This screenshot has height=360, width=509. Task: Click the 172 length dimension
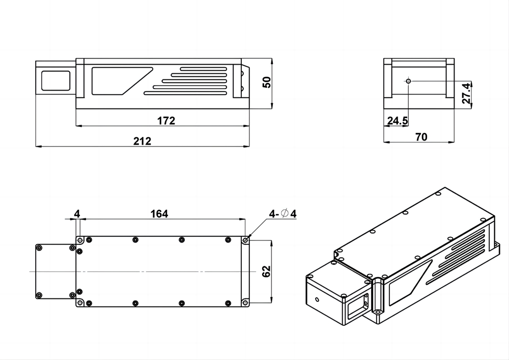pyautogui.click(x=166, y=121)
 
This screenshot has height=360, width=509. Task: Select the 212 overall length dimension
pyautogui.click(x=142, y=141)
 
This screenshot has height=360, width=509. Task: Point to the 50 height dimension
pyautogui.click(x=266, y=82)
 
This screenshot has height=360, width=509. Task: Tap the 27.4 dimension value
pyautogui.click(x=466, y=93)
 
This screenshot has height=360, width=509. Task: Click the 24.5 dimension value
pyautogui.click(x=398, y=121)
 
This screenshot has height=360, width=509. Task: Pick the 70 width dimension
pyautogui.click(x=421, y=137)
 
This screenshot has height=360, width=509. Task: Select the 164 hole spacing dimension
pyautogui.click(x=159, y=214)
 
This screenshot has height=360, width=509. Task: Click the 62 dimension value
pyautogui.click(x=266, y=271)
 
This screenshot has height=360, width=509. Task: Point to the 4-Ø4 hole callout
pyautogui.click(x=282, y=213)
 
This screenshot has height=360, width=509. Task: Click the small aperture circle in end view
pyautogui.click(x=408, y=80)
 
